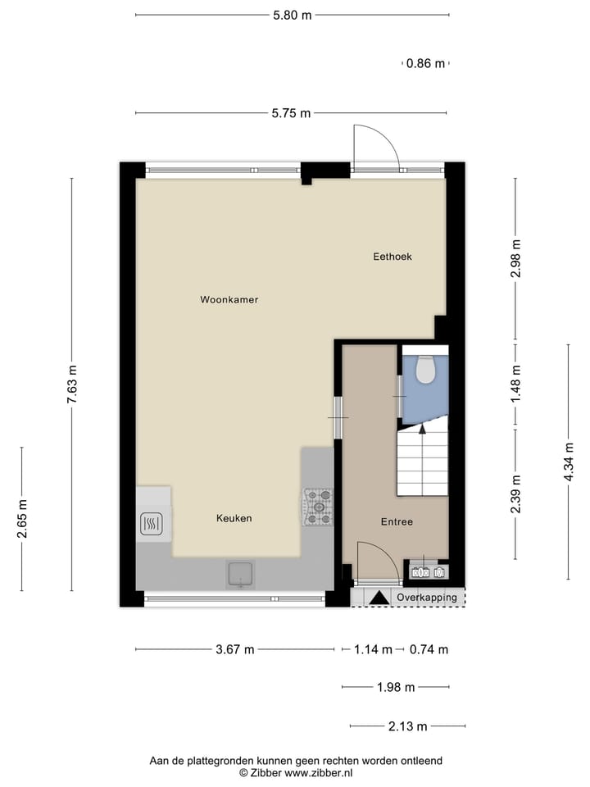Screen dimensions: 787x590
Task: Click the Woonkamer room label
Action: click(229, 300)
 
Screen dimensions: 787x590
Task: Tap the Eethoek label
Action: click(392, 257)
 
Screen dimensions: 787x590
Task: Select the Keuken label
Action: click(234, 518)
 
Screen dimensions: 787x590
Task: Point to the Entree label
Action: click(397, 522)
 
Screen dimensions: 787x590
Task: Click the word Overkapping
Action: click(426, 598)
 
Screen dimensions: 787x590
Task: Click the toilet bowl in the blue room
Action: click(424, 371)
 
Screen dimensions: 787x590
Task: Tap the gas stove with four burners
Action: click(319, 507)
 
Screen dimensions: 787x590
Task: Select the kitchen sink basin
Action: click(240, 575)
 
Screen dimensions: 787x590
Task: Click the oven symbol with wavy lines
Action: click(151, 523)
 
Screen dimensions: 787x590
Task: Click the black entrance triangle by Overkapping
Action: click(378, 598)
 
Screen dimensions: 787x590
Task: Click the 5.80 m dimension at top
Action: click(293, 15)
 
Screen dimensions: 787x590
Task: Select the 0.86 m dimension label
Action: click(426, 63)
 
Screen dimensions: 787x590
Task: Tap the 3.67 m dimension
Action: click(234, 649)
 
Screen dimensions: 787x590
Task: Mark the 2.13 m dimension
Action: click(407, 726)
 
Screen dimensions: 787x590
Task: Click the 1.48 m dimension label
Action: click(515, 381)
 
